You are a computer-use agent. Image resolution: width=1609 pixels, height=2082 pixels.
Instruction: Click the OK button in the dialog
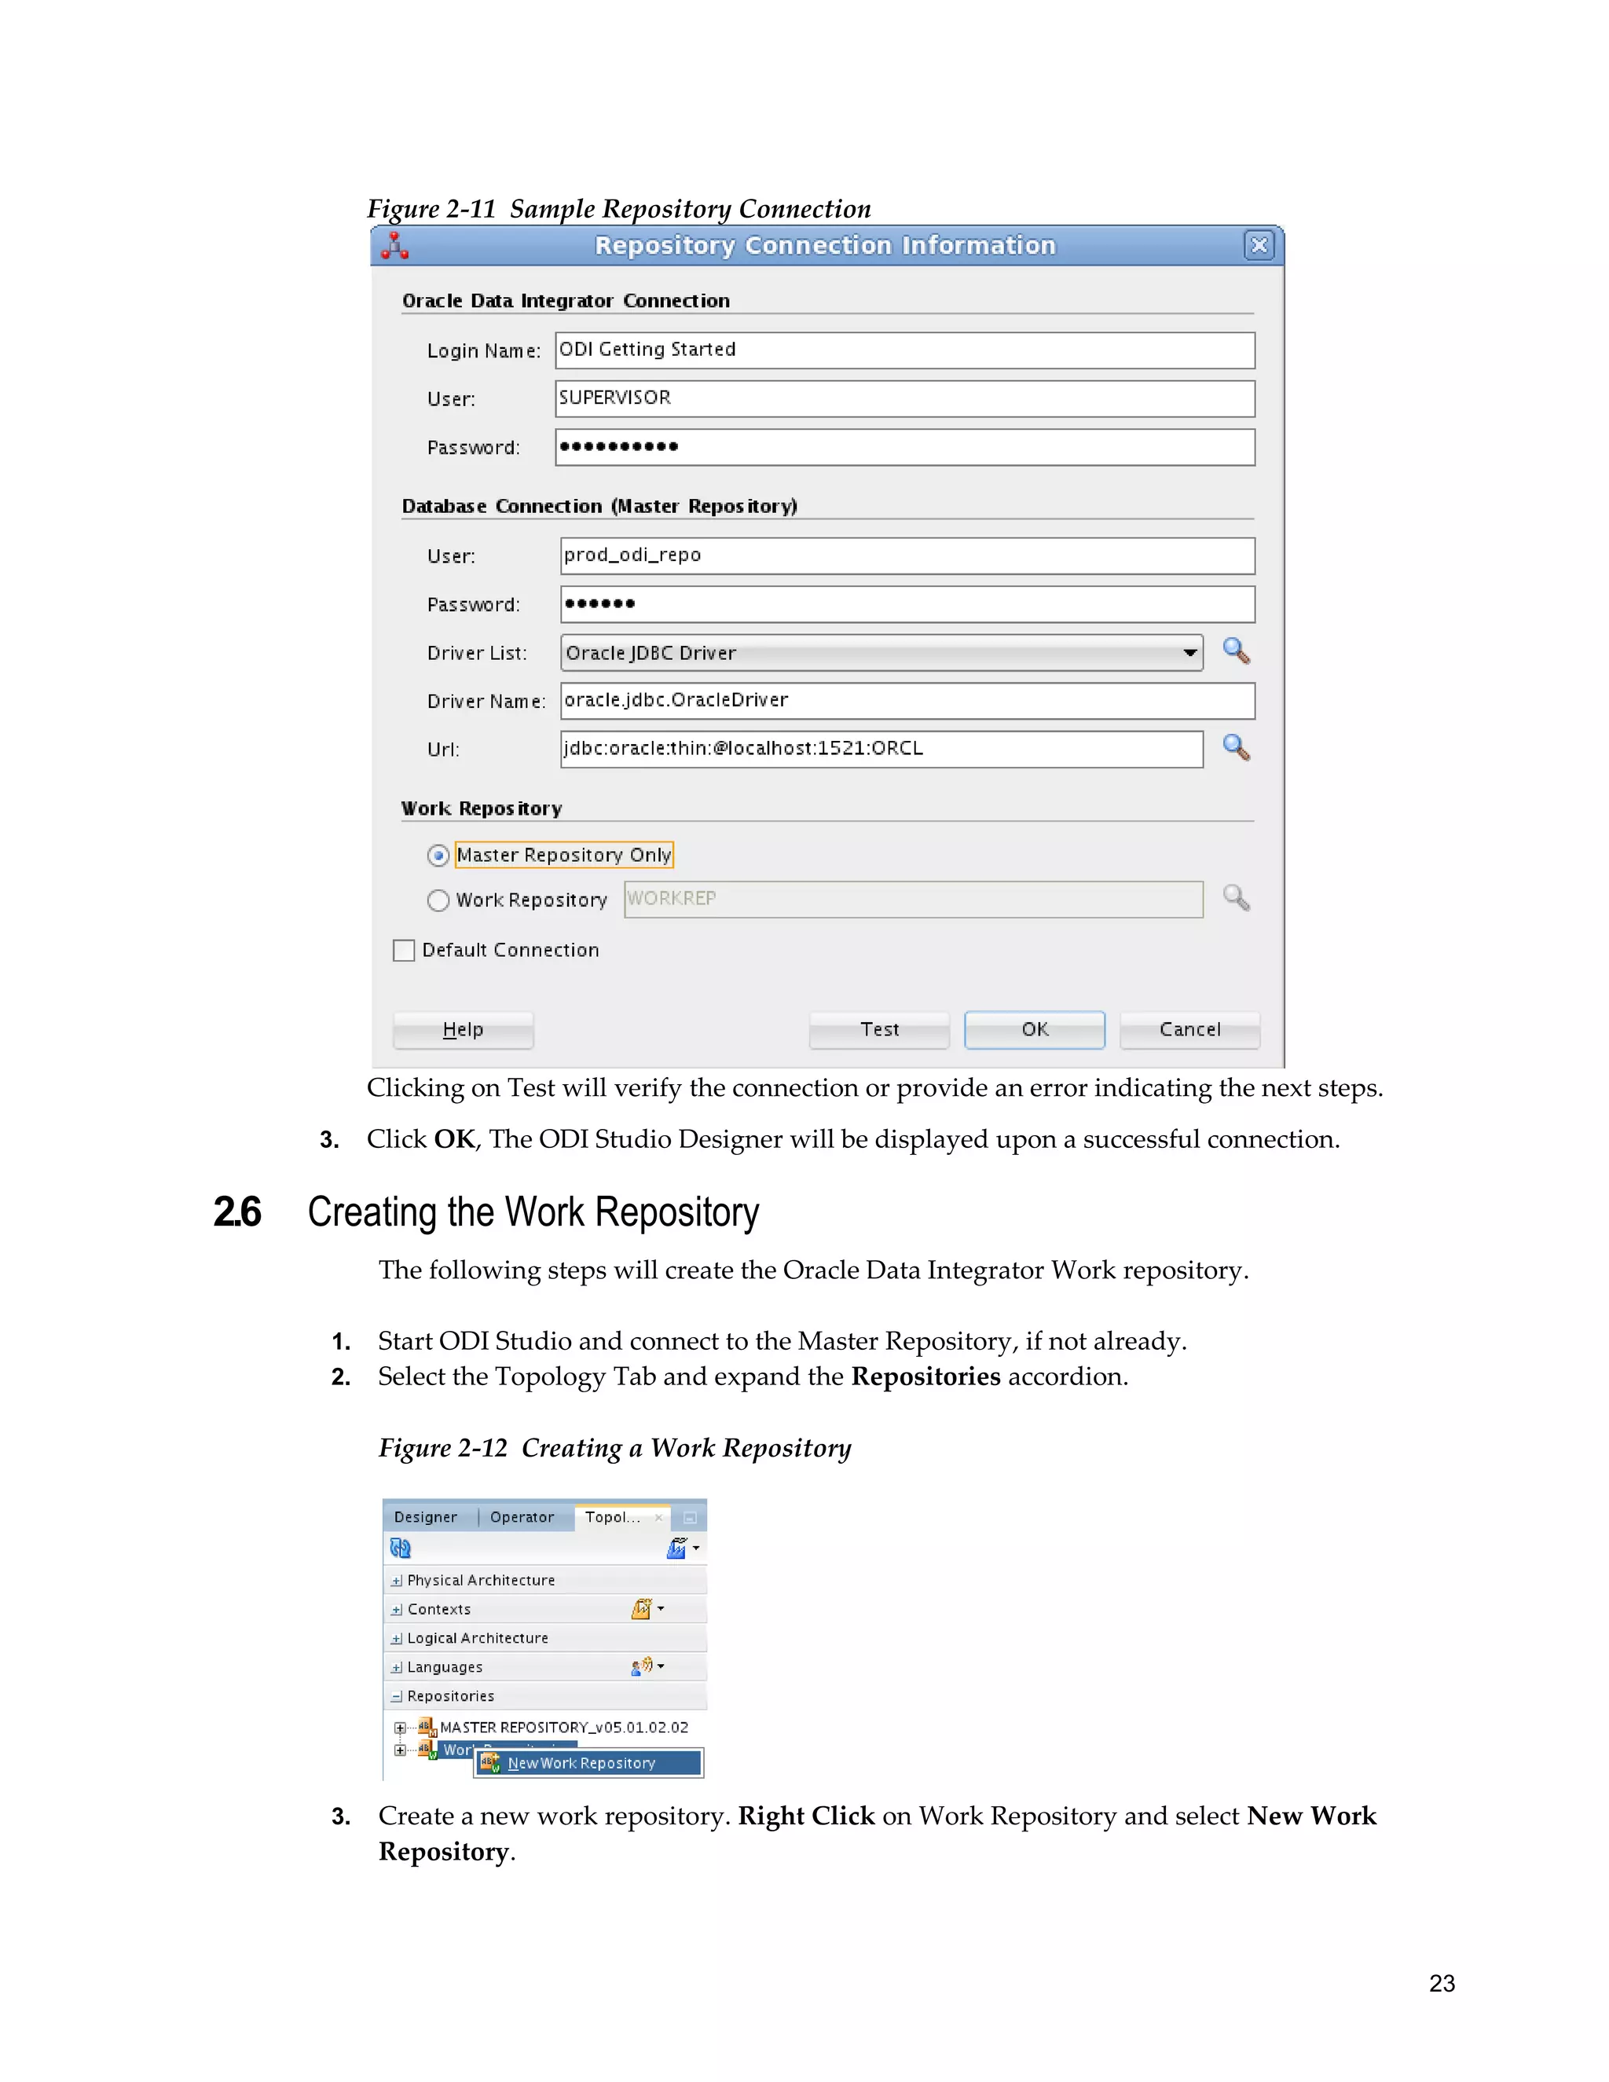tap(1034, 1029)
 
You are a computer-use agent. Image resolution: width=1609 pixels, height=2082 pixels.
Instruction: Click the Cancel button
tap(1189, 1029)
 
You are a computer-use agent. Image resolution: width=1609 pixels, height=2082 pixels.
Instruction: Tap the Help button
tap(464, 1029)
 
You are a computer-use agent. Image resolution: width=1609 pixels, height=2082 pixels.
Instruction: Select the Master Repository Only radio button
tap(438, 856)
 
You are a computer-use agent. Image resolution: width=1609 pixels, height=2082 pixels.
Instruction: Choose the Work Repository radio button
tap(438, 901)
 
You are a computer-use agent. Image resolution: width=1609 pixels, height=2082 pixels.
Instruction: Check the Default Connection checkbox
tap(404, 951)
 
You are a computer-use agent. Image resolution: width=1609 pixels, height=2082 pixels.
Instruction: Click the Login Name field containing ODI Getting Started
tap(904, 350)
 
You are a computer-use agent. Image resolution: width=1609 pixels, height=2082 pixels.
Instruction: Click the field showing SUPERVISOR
tap(904, 398)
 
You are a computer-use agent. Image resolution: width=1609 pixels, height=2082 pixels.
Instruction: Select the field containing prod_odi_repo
tap(907, 555)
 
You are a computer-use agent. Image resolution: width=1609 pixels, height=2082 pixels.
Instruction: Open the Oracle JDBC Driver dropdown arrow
tap(1189, 653)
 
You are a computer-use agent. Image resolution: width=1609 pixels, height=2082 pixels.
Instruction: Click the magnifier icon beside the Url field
tap(1237, 747)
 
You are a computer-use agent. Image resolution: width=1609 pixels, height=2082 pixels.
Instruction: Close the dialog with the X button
tap(1259, 246)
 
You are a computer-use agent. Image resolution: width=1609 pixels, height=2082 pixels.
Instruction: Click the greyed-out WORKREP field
tap(913, 900)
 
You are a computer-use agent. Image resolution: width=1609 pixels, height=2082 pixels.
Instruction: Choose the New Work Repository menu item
tap(581, 1764)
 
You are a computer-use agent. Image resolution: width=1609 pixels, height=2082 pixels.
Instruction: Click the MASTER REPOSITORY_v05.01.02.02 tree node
tap(563, 1728)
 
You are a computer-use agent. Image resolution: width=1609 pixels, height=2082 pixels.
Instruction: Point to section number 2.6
tap(237, 1212)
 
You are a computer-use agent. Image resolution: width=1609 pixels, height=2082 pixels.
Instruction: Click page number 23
tap(1441, 1984)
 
